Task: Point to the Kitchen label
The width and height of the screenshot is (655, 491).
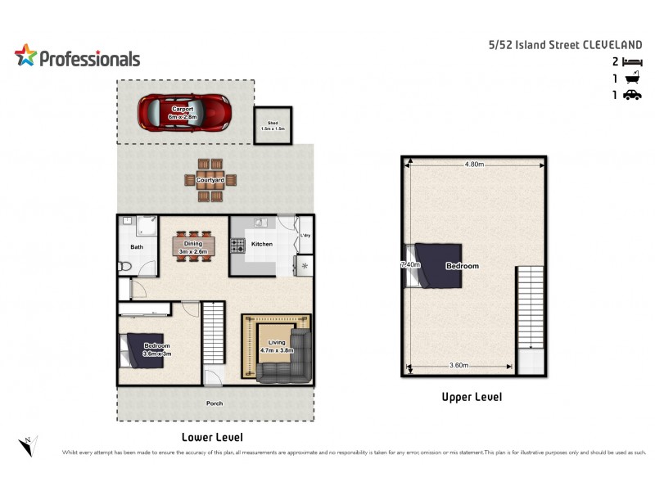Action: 262,244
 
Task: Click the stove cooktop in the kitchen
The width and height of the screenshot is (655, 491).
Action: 238,245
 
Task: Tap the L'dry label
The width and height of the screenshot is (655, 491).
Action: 305,236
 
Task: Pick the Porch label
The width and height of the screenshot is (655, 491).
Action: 214,403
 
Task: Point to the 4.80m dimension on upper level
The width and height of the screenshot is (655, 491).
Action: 474,164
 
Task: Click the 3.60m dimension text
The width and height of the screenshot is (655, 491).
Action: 462,365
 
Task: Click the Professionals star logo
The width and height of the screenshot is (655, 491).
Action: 25,56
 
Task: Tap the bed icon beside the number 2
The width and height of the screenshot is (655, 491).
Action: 631,61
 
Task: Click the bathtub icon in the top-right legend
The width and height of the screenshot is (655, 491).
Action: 631,79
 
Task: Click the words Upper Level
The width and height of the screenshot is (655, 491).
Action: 472,397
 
